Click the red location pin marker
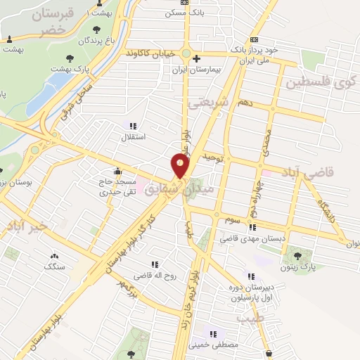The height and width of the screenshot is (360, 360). click(x=181, y=166)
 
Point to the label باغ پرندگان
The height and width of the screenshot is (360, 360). click(x=96, y=41)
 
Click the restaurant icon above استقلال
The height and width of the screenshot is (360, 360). click(x=134, y=125)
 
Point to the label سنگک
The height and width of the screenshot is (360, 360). click(x=53, y=267)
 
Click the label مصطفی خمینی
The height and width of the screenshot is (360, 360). click(x=214, y=346)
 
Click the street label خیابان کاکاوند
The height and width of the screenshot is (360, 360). click(x=150, y=53)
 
